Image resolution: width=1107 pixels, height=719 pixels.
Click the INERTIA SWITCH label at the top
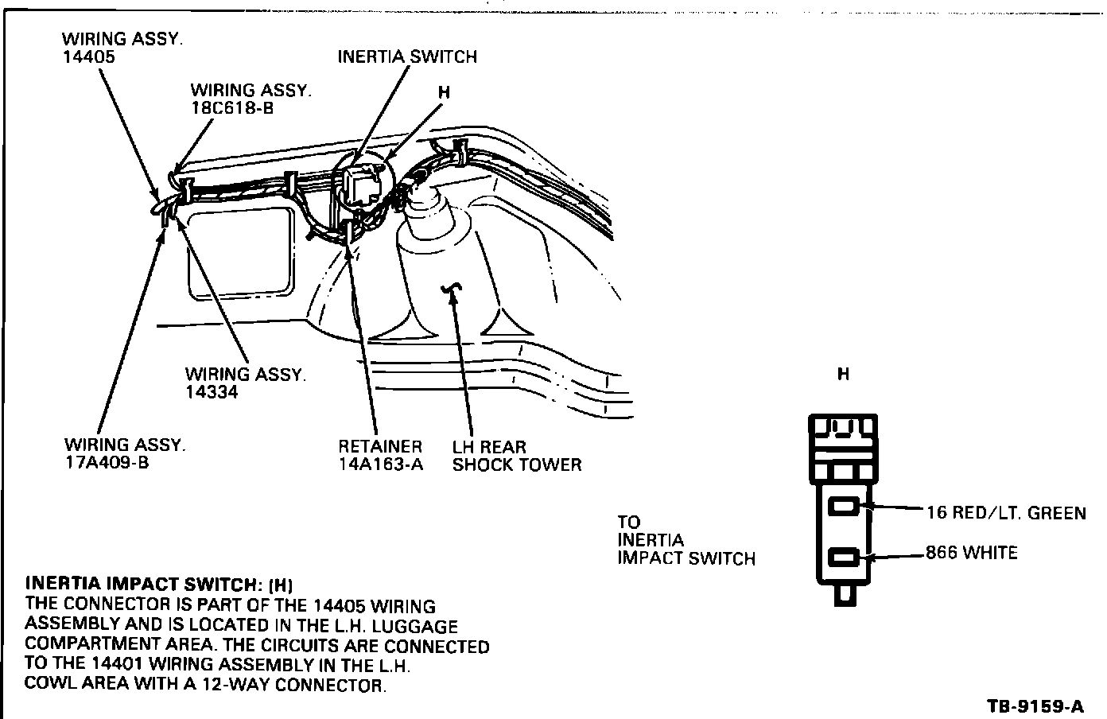(407, 56)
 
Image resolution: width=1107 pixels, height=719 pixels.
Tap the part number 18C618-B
(231, 108)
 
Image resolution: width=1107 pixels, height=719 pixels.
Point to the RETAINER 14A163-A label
(380, 456)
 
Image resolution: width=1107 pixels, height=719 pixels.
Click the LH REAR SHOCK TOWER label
(516, 456)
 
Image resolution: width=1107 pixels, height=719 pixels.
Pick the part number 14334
(211, 392)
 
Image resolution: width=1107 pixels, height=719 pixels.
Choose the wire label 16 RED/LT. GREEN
(1006, 513)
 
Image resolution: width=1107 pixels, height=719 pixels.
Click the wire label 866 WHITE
(971, 552)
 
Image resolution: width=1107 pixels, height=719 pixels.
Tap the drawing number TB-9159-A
(1035, 705)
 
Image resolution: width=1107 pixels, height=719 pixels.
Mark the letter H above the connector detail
(843, 374)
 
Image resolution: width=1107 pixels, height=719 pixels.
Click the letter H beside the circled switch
(444, 92)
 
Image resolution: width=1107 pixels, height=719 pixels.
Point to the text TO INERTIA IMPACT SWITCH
(686, 541)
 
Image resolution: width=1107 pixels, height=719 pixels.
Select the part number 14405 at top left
(88, 57)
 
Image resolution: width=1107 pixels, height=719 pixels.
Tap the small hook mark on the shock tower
(454, 291)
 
